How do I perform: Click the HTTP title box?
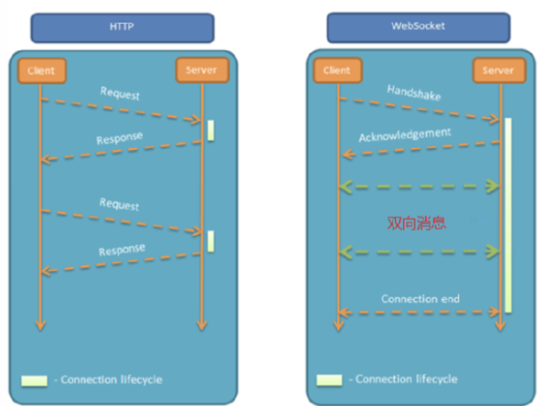point(122,27)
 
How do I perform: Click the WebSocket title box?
point(419,27)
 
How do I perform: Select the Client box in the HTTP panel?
point(42,71)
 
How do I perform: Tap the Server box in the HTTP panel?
point(202,70)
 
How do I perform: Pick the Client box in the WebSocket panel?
point(337,70)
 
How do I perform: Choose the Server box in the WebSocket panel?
point(499,70)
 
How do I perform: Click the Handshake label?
point(414,92)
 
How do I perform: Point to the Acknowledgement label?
point(405,134)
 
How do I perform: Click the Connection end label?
point(420,298)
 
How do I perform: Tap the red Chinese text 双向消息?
point(417,223)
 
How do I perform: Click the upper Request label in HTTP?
point(120,93)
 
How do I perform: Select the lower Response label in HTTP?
point(122,250)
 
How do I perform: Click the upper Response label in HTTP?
point(119,138)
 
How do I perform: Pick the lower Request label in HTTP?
point(119,204)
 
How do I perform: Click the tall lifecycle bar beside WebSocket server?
point(508,215)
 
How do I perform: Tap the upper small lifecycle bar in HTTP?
point(211,131)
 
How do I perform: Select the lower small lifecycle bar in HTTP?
point(211,241)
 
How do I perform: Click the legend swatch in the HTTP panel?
point(34,380)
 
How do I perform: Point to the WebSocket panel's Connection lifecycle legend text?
point(407,379)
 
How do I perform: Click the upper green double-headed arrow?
point(419,187)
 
